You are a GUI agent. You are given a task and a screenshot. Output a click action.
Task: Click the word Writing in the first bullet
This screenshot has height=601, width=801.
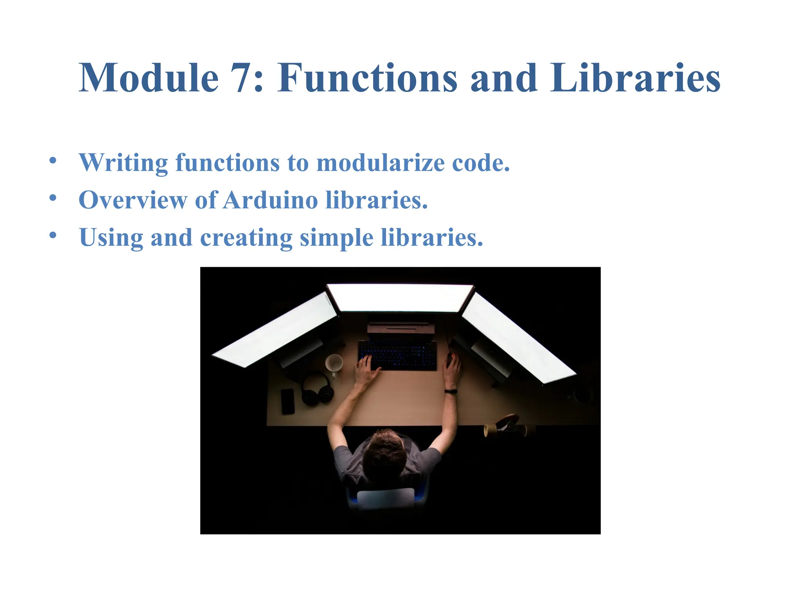pyautogui.click(x=123, y=163)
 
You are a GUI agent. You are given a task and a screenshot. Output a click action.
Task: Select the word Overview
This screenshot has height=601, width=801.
pyautogui.click(x=133, y=200)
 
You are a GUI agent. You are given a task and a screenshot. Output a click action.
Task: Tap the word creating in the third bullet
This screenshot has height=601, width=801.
pyautogui.click(x=246, y=238)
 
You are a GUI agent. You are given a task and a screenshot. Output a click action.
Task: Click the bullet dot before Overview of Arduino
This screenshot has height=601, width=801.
pyautogui.click(x=53, y=198)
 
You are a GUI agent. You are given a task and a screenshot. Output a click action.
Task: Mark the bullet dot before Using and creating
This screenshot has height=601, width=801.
pyautogui.click(x=53, y=235)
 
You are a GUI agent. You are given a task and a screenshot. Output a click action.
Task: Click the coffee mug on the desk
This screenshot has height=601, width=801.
pyautogui.click(x=334, y=363)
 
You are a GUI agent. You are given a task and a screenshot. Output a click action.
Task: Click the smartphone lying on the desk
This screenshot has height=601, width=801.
pyautogui.click(x=287, y=401)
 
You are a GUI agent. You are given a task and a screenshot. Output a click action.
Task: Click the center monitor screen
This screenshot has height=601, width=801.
pyautogui.click(x=400, y=298)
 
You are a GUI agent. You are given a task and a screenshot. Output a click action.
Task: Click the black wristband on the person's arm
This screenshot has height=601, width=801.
pyautogui.click(x=451, y=391)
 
